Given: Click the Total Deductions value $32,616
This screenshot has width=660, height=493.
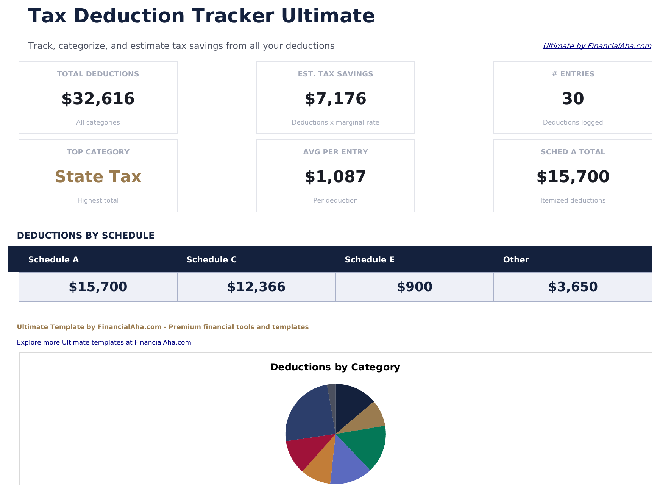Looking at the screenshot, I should tap(98, 99).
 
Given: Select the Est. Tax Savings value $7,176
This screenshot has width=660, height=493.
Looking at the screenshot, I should tap(335, 99).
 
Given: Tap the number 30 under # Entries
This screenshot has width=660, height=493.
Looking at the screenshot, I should tap(573, 99).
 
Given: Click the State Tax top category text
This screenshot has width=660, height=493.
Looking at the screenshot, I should tap(98, 177).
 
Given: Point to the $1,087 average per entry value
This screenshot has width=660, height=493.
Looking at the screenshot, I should tap(335, 177).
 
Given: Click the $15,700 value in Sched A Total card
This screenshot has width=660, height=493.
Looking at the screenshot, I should tap(573, 177).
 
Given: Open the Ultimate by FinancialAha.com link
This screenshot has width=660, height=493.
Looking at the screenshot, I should tap(597, 46).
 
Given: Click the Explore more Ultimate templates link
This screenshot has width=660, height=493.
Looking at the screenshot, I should tap(104, 342).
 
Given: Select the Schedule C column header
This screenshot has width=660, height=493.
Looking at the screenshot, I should tap(211, 260).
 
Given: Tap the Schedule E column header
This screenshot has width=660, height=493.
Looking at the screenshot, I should tap(370, 260).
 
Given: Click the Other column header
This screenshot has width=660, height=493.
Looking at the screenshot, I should tap(516, 260).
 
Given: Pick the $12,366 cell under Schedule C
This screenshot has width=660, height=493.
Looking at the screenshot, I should tap(256, 287).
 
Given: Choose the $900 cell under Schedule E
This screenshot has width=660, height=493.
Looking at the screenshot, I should tap(414, 287).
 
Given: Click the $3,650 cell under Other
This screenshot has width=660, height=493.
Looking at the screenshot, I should tap(573, 287).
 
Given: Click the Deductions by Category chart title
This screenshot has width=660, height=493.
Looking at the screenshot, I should tap(335, 367).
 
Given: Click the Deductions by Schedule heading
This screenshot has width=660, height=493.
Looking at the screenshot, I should tap(86, 236).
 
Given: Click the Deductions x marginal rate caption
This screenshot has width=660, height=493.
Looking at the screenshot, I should tap(335, 123).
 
